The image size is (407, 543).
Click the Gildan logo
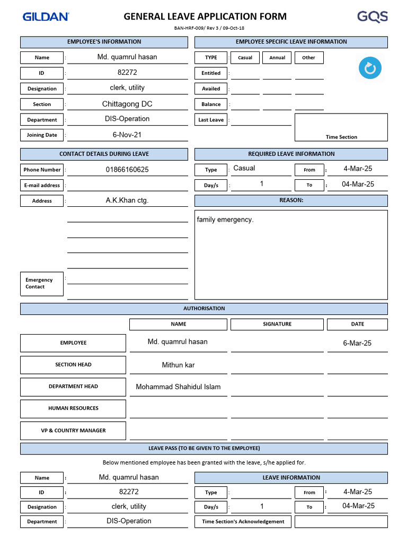click(46, 17)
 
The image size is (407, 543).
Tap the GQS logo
click(372, 17)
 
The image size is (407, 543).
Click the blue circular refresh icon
click(370, 68)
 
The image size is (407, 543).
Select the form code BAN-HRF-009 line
click(209, 28)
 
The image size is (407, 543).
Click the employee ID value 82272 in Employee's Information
click(127, 73)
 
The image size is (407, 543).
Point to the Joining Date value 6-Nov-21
click(127, 135)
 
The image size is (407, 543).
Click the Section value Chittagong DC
click(127, 104)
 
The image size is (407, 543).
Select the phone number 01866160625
click(127, 170)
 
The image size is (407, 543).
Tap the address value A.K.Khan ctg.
click(127, 200)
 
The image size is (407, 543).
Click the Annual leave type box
click(277, 57)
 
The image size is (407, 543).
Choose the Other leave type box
click(308, 57)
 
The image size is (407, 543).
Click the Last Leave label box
click(211, 120)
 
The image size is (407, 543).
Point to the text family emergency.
click(225, 220)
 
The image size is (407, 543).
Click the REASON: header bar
click(291, 200)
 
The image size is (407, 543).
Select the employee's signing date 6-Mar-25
click(357, 343)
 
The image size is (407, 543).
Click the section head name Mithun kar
click(178, 365)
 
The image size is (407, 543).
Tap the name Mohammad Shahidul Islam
click(178, 387)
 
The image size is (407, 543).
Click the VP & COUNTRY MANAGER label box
click(73, 431)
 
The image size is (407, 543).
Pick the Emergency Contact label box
click(42, 284)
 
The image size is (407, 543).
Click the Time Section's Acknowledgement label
click(243, 521)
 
